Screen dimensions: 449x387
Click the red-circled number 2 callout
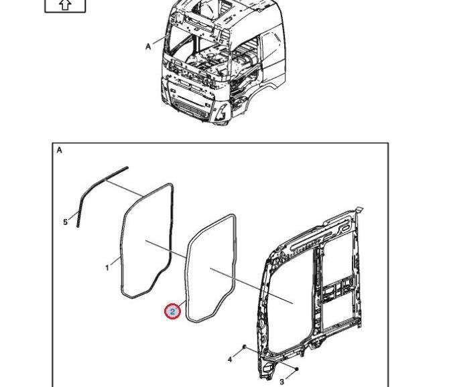172,311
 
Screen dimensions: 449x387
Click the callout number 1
107,268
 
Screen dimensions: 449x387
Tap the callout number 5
65,222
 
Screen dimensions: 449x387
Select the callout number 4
230,360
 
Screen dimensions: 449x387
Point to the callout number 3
281,382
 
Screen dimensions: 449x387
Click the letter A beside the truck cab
148,46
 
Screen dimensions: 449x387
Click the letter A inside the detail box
59,150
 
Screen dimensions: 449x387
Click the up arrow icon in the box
65,5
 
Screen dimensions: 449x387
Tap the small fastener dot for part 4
245,347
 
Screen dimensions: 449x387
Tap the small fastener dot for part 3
297,369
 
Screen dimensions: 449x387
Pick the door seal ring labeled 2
186,272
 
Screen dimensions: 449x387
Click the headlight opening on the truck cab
220,112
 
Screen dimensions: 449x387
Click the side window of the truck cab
270,46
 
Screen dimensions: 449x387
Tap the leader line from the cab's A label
159,40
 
